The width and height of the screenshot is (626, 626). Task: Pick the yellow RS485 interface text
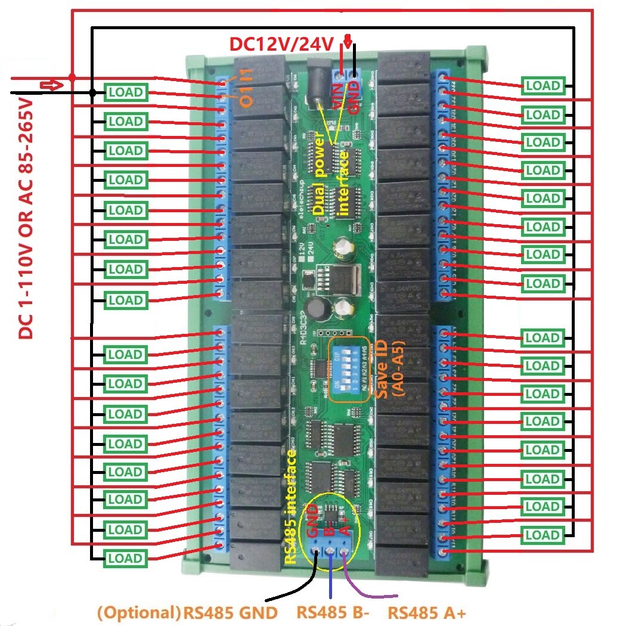coord(292,507)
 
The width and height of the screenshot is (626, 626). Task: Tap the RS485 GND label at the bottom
coord(230,613)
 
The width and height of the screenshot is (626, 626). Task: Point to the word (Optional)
coord(138,613)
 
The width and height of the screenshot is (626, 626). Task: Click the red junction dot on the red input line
coord(72,78)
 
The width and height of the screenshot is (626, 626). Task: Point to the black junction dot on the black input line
coord(92,92)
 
